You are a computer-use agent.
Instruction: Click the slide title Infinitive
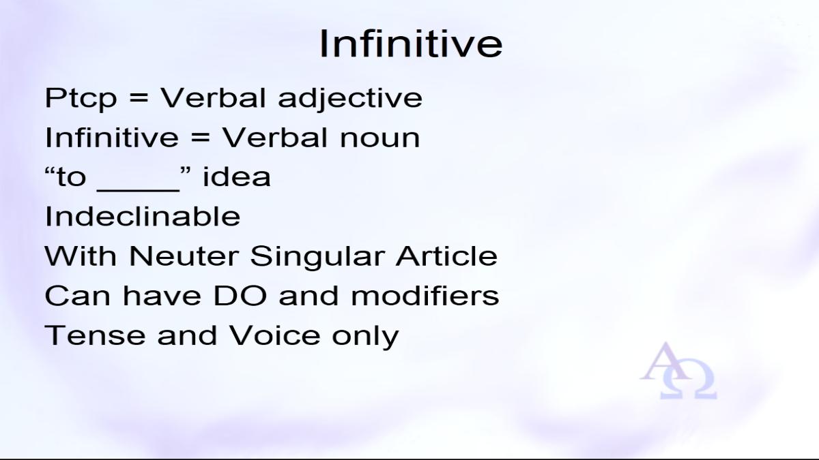(x=411, y=44)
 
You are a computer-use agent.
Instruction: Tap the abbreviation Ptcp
(x=81, y=99)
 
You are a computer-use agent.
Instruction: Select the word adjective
(x=350, y=99)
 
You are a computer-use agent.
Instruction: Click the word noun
(x=380, y=139)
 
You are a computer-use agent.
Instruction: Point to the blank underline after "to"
(x=138, y=190)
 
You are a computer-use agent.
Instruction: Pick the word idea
(x=237, y=177)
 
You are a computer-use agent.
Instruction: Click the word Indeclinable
(x=143, y=217)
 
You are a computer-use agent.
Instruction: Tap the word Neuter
(x=184, y=256)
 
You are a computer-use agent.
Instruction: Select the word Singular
(x=317, y=257)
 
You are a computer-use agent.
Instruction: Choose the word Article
(x=446, y=256)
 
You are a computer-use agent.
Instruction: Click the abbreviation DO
(x=240, y=296)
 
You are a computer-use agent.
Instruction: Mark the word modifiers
(x=425, y=295)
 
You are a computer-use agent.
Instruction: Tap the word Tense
(x=95, y=335)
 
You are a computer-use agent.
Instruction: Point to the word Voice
(x=274, y=335)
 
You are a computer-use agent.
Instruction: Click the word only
(x=365, y=336)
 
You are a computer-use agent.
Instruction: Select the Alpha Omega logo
(x=678, y=370)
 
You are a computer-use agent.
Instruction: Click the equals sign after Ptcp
(x=139, y=99)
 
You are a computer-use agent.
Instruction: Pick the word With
(x=81, y=256)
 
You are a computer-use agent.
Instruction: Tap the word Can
(x=77, y=296)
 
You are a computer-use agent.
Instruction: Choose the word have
(x=162, y=295)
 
